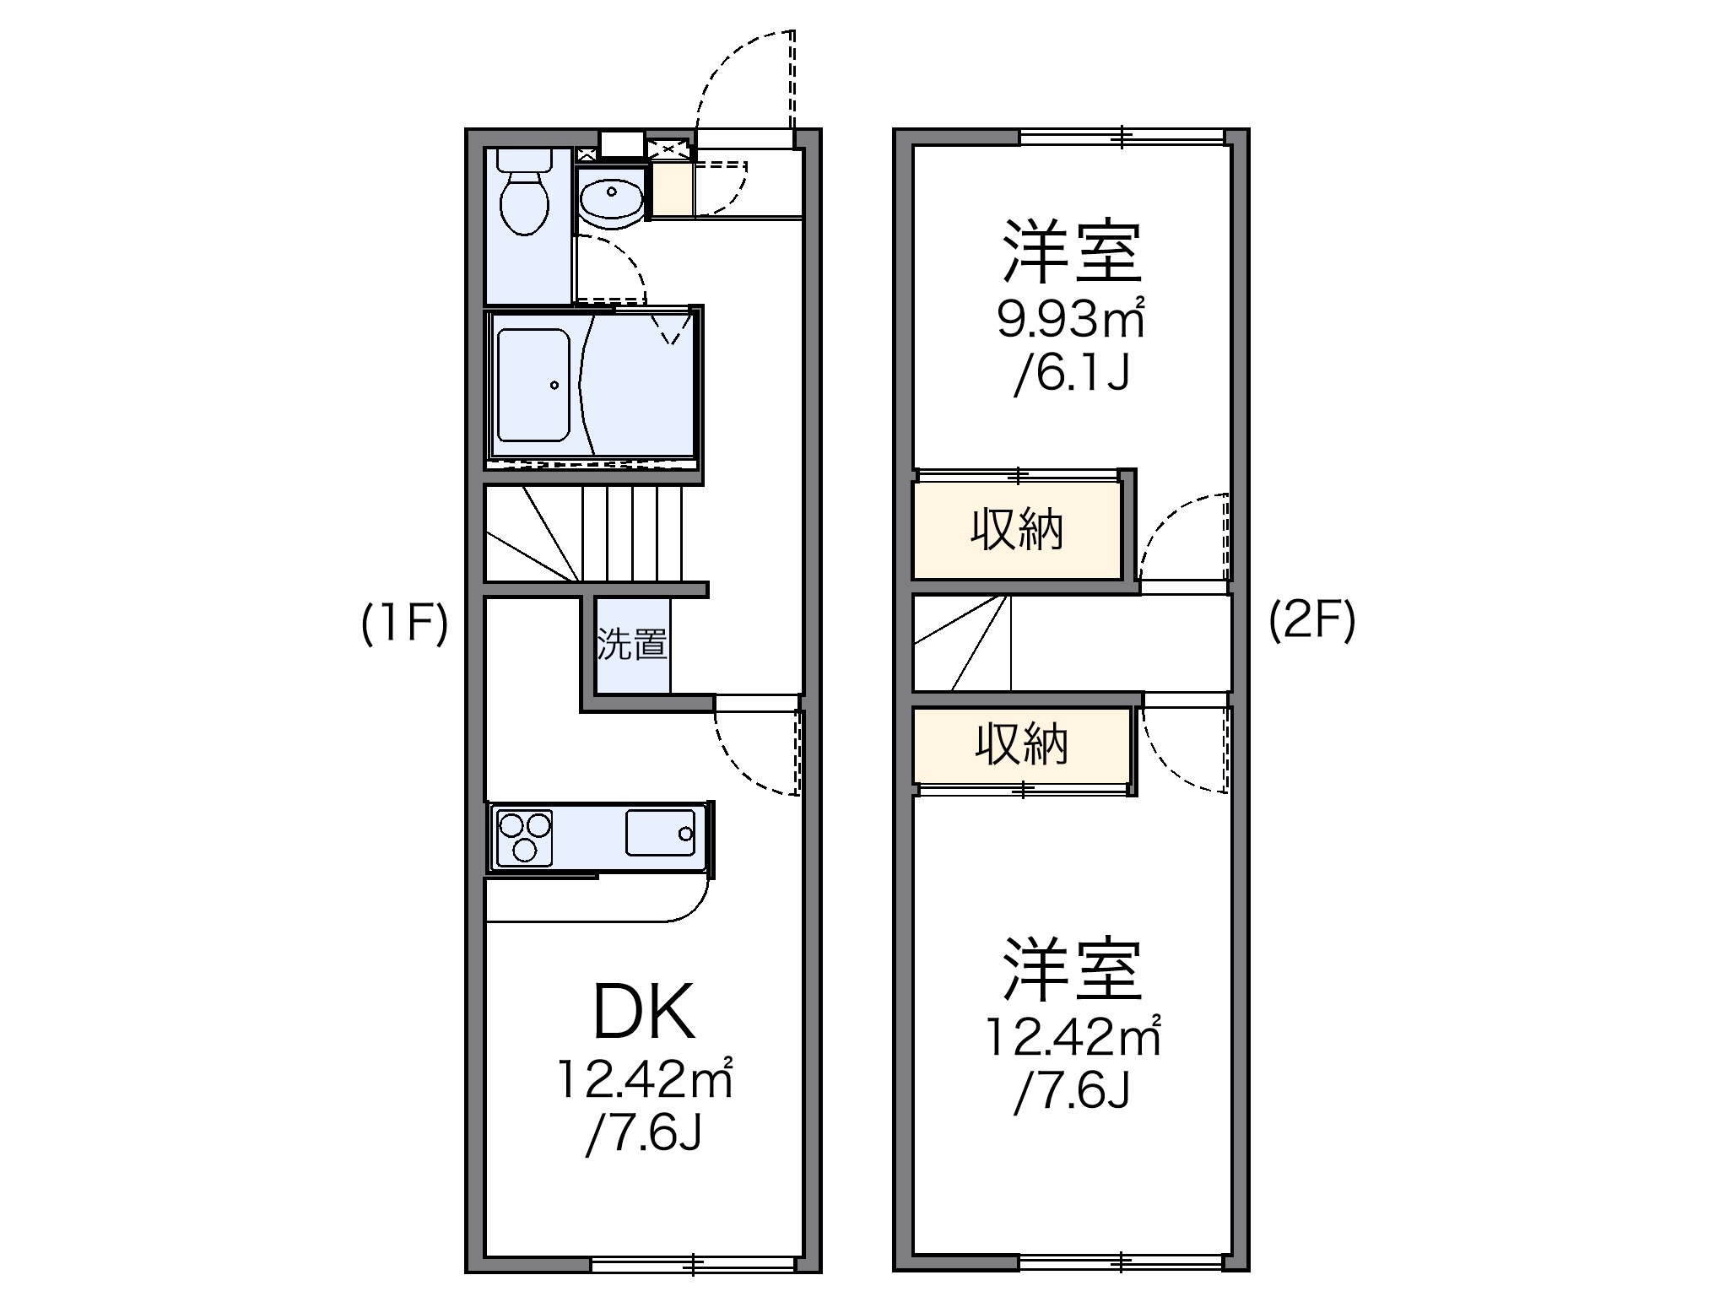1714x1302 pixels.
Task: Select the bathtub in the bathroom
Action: click(533, 385)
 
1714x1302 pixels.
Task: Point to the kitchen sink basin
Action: click(660, 833)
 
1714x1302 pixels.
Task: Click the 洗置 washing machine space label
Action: click(632, 646)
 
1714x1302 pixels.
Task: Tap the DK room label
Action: click(645, 1012)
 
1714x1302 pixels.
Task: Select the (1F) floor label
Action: click(403, 625)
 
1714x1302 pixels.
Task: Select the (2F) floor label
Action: click(1311, 622)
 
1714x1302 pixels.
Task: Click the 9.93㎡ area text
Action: click(1070, 318)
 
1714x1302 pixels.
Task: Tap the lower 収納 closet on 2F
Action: click(1022, 745)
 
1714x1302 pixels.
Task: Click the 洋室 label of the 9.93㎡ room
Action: click(1072, 251)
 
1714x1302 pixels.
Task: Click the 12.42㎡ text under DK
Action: click(643, 1079)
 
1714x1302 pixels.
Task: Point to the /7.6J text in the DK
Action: click(643, 1135)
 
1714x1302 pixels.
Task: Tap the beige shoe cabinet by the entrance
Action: click(672, 190)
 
